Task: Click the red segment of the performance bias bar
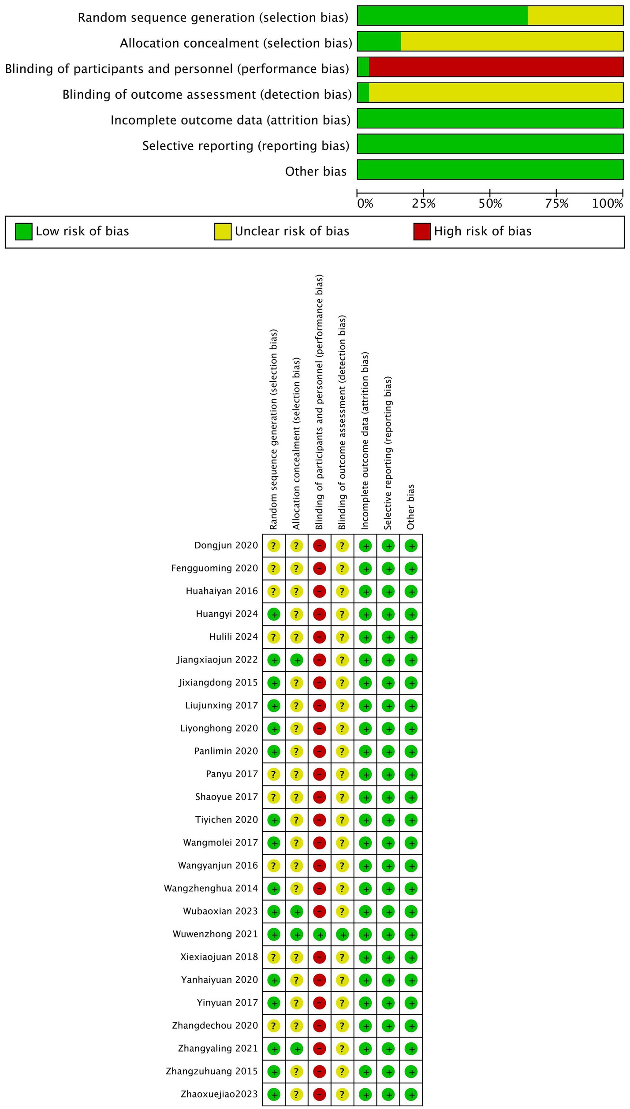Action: coord(496,67)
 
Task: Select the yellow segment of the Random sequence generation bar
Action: coord(575,16)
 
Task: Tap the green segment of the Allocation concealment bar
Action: coord(379,41)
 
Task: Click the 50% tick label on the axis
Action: coord(490,204)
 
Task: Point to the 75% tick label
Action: coord(557,204)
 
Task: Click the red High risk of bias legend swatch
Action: coord(421,231)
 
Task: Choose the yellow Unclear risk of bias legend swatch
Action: coord(223,231)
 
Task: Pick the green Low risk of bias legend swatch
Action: coord(23,231)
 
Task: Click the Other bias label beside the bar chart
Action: coord(316,171)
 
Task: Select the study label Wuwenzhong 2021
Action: coord(215,934)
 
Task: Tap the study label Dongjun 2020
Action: coord(226,545)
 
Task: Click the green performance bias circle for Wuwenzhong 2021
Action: coord(320,934)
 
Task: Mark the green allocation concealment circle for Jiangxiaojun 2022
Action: coord(297,660)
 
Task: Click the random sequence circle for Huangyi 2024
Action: coord(274,614)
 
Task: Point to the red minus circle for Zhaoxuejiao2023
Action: coord(320,1094)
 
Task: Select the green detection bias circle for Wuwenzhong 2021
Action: coord(342,934)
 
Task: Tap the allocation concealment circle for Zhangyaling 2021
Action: coord(297,1049)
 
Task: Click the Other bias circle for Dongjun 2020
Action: coord(411,546)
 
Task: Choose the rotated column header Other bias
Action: coord(411,507)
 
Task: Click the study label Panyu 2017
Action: coord(231,774)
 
